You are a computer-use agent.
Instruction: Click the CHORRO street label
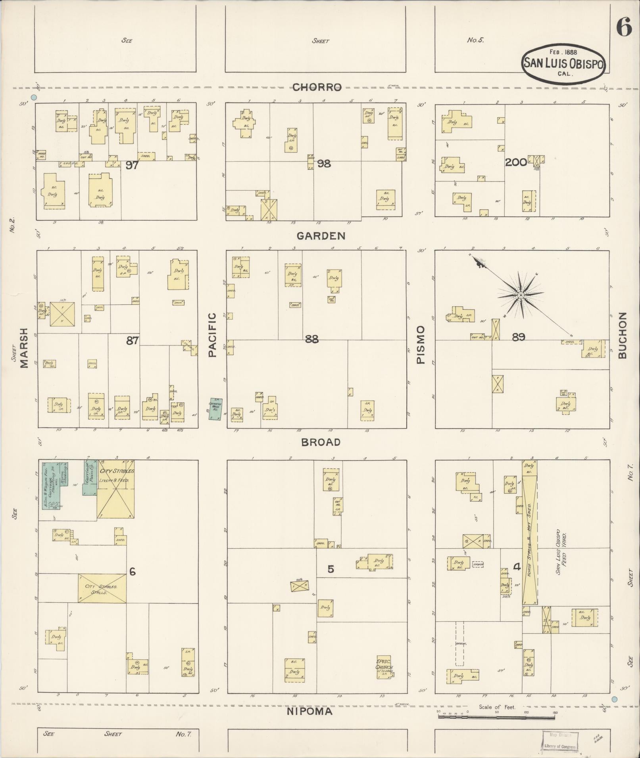[x=317, y=87]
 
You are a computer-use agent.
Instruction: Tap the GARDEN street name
[x=321, y=236]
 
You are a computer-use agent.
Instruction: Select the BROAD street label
[x=321, y=442]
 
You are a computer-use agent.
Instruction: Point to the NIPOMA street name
[x=309, y=712]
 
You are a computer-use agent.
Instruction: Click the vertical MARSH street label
[x=25, y=348]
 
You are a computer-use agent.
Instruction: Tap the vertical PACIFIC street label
[x=212, y=335]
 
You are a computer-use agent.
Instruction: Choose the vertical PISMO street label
[x=421, y=345]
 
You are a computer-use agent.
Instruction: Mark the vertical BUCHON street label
[x=622, y=335]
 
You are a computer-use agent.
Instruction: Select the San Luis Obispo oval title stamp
[x=563, y=63]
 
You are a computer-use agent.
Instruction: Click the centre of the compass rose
[x=520, y=295]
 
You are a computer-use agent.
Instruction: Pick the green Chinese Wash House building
[x=216, y=409]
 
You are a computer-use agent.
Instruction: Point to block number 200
[x=516, y=162]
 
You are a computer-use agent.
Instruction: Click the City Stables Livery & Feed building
[x=116, y=489]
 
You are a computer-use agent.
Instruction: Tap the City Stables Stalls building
[x=102, y=589]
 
